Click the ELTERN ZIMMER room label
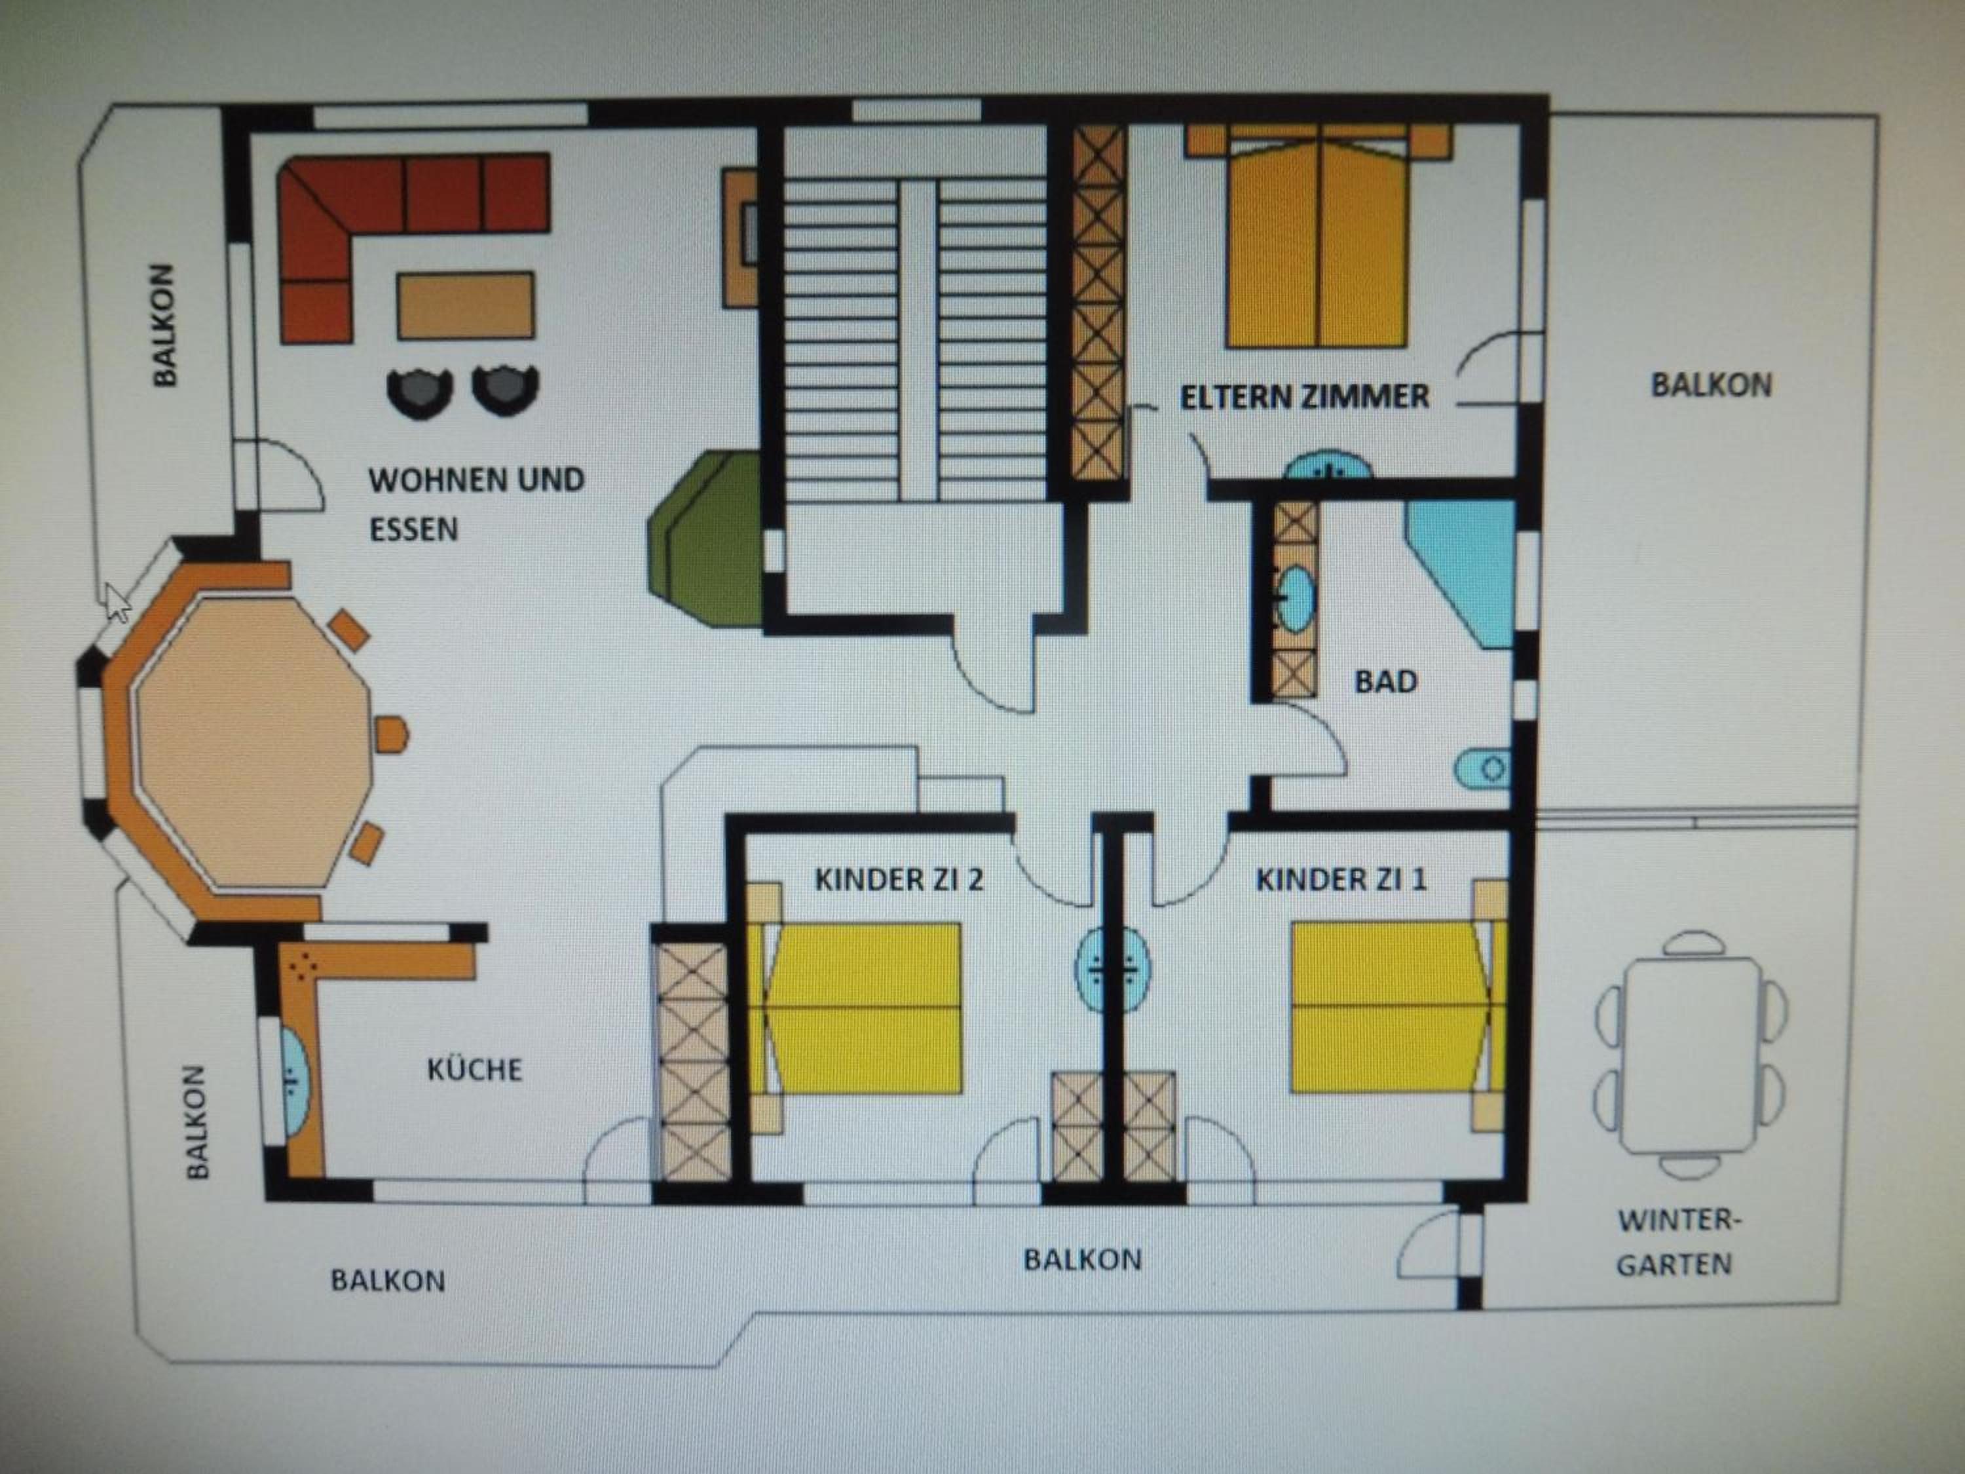tap(1304, 396)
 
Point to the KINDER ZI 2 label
tap(899, 880)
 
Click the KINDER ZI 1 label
tap(1341, 880)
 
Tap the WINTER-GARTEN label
tap(1675, 1242)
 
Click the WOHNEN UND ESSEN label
tap(476, 504)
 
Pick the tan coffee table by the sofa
tap(466, 306)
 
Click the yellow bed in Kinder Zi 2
tap(855, 1008)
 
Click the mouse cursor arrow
tap(117, 603)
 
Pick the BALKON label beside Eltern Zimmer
tap(1711, 385)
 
